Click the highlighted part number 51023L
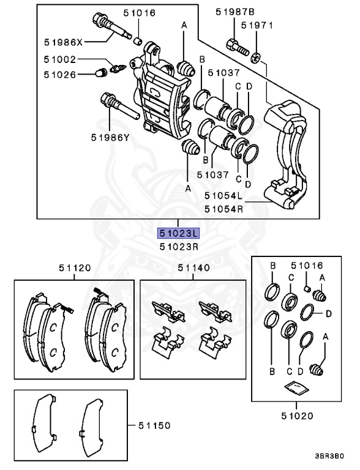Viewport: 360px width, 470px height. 178,233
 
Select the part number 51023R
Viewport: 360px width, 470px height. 178,247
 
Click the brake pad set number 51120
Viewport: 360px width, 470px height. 75,267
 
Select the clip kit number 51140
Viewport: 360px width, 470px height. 193,267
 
